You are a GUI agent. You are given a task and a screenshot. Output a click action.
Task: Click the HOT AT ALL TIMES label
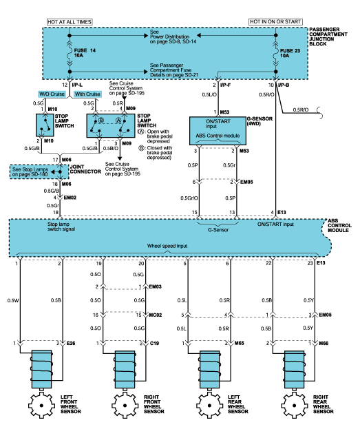tap(70, 22)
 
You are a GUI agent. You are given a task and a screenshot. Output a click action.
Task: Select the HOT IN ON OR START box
tap(275, 21)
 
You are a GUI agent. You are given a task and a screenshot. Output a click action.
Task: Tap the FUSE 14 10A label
tap(85, 53)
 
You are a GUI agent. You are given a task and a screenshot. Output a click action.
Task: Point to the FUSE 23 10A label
tap(290, 53)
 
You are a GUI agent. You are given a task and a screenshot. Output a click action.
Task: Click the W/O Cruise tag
tap(52, 94)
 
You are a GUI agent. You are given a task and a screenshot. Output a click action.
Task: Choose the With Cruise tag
tap(87, 94)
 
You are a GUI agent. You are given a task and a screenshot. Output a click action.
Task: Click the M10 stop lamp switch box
tap(45, 125)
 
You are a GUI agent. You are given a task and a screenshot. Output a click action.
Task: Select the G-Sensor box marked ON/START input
tap(218, 131)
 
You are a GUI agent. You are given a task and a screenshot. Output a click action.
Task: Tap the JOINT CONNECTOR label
tap(85, 169)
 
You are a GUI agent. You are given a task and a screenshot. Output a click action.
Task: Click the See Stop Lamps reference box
tap(39, 171)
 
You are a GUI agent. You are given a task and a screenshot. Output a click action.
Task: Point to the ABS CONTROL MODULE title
tap(339, 225)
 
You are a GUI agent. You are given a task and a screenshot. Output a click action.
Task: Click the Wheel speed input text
tap(167, 246)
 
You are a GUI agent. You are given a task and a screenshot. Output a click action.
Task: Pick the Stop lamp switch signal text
tap(61, 227)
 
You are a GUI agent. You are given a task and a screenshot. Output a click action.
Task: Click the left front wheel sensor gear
tap(41, 405)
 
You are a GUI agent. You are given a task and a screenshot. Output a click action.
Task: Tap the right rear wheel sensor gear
tap(294, 405)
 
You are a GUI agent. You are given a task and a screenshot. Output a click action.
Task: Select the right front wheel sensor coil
tap(125, 369)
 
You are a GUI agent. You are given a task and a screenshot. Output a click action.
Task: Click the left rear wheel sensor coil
tap(210, 369)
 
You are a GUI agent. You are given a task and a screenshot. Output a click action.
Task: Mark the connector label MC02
tap(156, 315)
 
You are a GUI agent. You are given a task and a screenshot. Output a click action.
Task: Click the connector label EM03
tap(155, 286)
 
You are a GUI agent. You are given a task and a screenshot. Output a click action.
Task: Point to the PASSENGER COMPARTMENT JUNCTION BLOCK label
tap(328, 36)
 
